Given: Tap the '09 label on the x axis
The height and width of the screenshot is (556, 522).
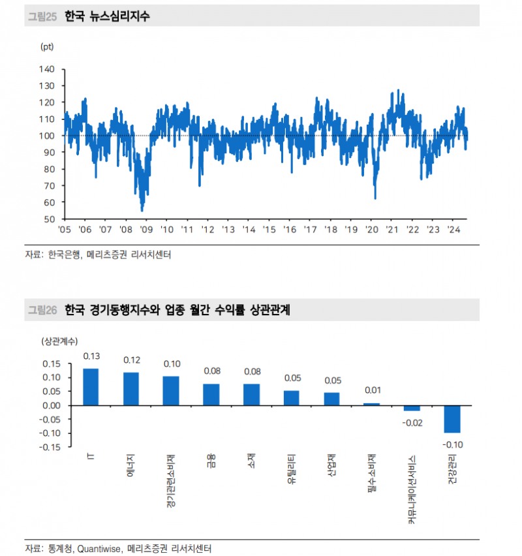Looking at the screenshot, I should point(146,230).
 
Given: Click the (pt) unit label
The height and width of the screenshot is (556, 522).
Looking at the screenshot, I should point(47,47).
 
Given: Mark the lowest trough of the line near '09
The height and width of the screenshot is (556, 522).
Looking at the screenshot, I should point(142,210).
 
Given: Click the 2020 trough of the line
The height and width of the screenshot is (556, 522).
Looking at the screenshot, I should point(375,198).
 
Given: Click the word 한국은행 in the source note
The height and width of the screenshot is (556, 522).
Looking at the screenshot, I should point(65,255).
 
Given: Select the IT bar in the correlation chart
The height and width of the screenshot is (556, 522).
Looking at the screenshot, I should point(91,387).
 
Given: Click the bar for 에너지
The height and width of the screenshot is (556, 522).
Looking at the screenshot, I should point(131,389).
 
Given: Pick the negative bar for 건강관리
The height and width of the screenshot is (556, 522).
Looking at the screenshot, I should point(453,419).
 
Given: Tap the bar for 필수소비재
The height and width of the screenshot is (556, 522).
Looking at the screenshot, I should point(372,404).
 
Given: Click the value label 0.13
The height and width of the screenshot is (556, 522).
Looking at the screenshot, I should point(91,356).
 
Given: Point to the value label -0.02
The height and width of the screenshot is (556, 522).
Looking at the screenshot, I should point(412,422).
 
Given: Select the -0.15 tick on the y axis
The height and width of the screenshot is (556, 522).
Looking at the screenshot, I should point(51,447).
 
